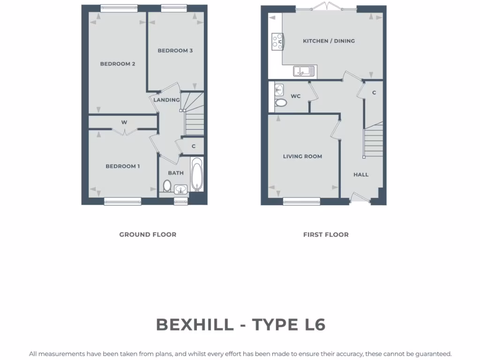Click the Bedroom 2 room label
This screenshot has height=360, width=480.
(x=118, y=64)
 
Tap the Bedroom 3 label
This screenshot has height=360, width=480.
(x=175, y=51)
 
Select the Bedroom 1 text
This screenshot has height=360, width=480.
(x=122, y=166)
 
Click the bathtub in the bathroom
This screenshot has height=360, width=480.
(x=196, y=175)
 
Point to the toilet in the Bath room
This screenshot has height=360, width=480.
(x=167, y=186)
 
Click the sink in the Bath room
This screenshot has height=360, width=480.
(x=180, y=189)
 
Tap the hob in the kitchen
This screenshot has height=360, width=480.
(x=277, y=41)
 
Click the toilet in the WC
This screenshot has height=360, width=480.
(x=281, y=103)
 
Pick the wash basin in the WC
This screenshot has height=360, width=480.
(x=279, y=89)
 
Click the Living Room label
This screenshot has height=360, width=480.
(x=302, y=157)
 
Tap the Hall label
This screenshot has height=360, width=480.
(x=361, y=175)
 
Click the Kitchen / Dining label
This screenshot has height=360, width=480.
(x=329, y=41)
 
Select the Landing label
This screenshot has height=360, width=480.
(x=167, y=100)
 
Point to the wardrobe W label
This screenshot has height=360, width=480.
(x=124, y=122)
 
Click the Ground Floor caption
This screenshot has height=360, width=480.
(x=148, y=234)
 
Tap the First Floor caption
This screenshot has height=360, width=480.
(x=326, y=234)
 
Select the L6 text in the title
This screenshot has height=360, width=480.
(x=311, y=324)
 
